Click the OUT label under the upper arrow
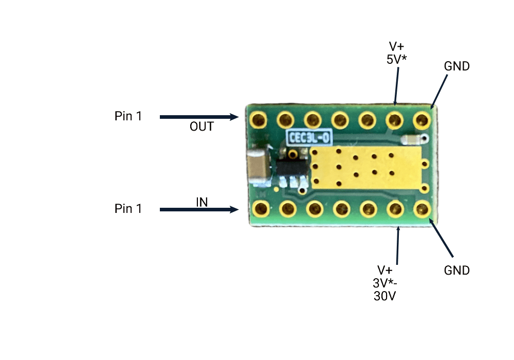click(x=201, y=127)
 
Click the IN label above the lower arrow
click(x=201, y=202)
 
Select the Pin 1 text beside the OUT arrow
click(x=128, y=116)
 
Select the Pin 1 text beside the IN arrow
click(x=128, y=209)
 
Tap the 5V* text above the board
click(x=396, y=59)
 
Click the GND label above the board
click(x=456, y=66)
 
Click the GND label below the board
click(x=456, y=270)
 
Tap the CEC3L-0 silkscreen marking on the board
click(x=309, y=137)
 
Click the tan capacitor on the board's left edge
click(x=259, y=167)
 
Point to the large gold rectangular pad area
click(x=365, y=166)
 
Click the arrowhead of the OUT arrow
click(x=235, y=117)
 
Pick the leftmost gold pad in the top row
click(x=257, y=120)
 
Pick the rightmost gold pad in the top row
click(x=421, y=120)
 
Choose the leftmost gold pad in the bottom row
click(x=261, y=209)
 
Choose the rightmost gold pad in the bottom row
click(x=422, y=209)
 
